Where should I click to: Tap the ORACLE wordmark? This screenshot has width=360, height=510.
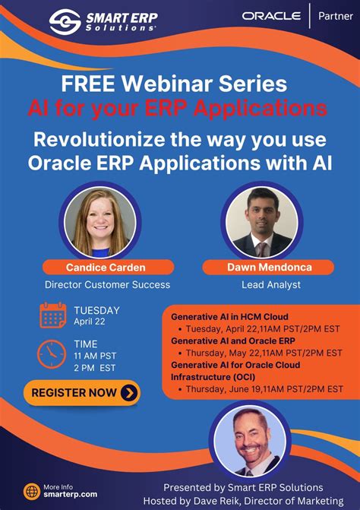(271, 15)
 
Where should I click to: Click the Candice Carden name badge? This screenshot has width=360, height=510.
(95, 267)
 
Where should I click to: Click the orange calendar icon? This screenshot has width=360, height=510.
(52, 315)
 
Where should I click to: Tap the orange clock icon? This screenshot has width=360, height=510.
(52, 353)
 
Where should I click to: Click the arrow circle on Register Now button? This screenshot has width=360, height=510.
(129, 393)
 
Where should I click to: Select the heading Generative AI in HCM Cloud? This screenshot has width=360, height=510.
(229, 316)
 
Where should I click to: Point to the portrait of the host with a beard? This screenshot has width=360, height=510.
(249, 441)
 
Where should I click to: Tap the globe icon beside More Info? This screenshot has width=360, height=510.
(31, 491)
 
